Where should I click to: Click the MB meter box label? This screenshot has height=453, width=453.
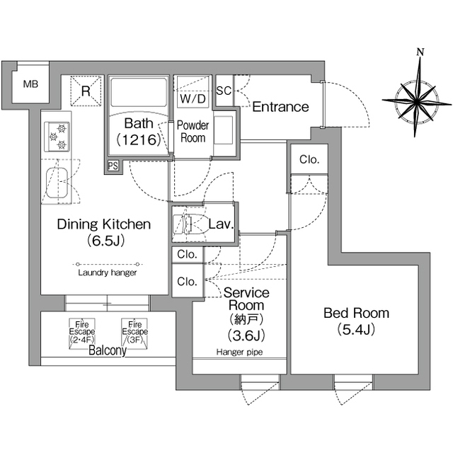coord(30,84)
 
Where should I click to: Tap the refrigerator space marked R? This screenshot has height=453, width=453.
coord(86,91)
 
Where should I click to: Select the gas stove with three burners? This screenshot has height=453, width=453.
coord(57,137)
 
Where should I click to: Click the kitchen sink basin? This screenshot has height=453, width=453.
coord(57,183)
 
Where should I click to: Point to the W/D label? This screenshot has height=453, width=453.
coord(193,99)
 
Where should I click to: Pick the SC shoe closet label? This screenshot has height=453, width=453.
coord(224,91)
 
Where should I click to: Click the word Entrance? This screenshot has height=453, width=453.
coord(280,107)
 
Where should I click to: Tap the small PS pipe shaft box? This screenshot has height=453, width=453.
coord(113,166)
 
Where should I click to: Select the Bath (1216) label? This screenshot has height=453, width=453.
coord(139,132)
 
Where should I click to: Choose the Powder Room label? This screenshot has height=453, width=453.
coord(193,132)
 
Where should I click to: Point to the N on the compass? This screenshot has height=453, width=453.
coord(420,52)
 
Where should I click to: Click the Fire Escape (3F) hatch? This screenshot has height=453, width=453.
coord(134,333)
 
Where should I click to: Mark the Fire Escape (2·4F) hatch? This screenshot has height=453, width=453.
coord(82,333)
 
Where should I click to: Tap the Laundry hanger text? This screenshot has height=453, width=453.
coord(108,273)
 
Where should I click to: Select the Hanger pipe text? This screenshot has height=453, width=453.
coord(239,352)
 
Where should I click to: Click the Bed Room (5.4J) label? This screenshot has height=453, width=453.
coord(356,321)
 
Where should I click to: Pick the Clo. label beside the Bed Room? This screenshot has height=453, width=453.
coord(309,159)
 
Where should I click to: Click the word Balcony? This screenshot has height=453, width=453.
coord(108,350)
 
